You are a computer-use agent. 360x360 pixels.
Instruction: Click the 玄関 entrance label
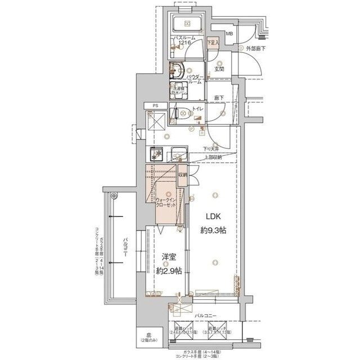pos(218,69)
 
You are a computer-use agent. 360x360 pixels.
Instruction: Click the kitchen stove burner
pos(157,154)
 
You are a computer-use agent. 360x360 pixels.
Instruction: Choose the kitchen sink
pos(179,154)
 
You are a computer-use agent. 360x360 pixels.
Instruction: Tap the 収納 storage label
pos(183,175)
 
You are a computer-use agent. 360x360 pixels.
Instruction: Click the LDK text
pos(212,217)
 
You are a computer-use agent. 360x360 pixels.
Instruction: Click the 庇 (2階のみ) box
pos(149,338)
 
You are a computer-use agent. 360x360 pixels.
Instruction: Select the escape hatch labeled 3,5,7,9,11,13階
pos(219,330)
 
